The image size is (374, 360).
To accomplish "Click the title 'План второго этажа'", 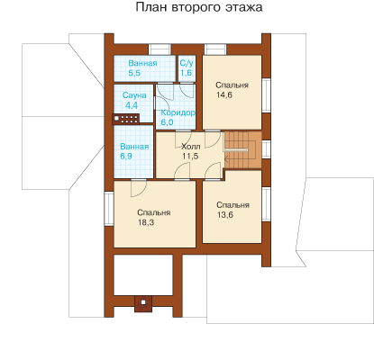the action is pyautogui.click(x=199, y=7).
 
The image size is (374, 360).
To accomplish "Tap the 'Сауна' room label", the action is pyautogui.click(x=134, y=95).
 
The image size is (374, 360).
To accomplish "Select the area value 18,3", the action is pyautogui.click(x=146, y=222).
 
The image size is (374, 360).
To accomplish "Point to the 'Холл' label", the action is pyautogui.click(x=191, y=147).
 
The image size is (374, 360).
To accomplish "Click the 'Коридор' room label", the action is pyautogui.click(x=178, y=112).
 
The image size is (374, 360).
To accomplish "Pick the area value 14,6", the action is pyautogui.click(x=224, y=95).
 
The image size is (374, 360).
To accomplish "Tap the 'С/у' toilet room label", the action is pyautogui.click(x=187, y=63).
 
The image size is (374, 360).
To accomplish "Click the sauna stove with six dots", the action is pyautogui.click(x=126, y=119).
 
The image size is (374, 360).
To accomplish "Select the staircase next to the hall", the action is pyautogui.click(x=242, y=150).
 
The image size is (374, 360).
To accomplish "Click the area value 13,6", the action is pyautogui.click(x=225, y=215).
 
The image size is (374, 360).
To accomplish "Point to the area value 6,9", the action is pyautogui.click(x=126, y=156).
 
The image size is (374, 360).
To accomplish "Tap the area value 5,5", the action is pyautogui.click(x=134, y=73).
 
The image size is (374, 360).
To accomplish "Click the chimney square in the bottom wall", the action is pyautogui.click(x=143, y=303).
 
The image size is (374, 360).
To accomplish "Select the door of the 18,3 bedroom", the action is pyautogui.click(x=139, y=188).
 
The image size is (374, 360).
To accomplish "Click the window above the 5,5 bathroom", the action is pyautogui.click(x=160, y=49).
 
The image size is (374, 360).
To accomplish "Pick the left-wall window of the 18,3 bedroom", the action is pyautogui.click(x=109, y=209).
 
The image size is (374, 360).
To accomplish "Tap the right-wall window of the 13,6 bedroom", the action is pyautogui.click(x=266, y=204).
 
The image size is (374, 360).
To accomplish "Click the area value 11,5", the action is pyautogui.click(x=190, y=156).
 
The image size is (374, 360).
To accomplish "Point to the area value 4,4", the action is pyautogui.click(x=132, y=105).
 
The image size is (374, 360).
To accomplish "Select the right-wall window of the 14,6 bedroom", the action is pyautogui.click(x=266, y=95).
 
